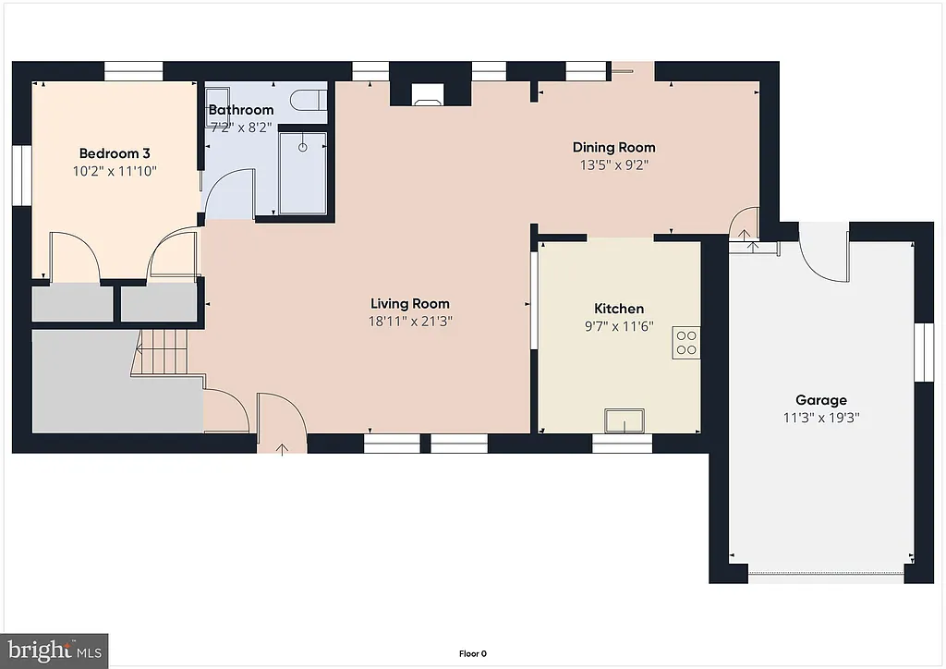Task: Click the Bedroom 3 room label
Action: [x=114, y=153]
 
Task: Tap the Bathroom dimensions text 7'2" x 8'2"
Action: [x=240, y=128]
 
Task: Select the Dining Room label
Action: [x=613, y=147]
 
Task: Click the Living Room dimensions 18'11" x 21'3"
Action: [x=410, y=321]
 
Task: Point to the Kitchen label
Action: [x=618, y=309]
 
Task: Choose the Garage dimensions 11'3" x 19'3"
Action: [x=821, y=417]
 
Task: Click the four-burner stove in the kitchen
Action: [x=686, y=342]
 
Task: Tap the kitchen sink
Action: [x=625, y=421]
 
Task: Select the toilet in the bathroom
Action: [x=306, y=99]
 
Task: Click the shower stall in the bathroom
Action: [x=302, y=172]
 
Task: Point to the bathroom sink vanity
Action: [x=218, y=99]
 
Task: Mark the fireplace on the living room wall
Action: [x=426, y=94]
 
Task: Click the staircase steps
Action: [x=164, y=351]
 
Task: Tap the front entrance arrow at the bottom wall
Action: [x=282, y=448]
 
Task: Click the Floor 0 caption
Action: [x=472, y=653]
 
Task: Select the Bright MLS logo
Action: [x=54, y=650]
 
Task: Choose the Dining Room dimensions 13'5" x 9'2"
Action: [x=613, y=165]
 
